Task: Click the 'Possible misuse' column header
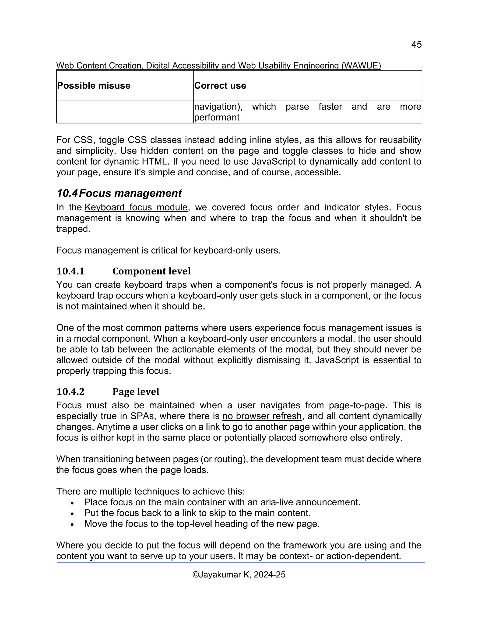pos(94,85)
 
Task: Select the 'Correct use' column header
pos(220,85)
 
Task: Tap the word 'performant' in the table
pos(217,117)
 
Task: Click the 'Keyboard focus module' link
pos(136,207)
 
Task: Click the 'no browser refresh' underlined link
pos(262,416)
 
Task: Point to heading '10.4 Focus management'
pos(119,193)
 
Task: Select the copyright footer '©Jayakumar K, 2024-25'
pos(239,575)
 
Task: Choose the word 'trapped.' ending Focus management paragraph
pos(73,229)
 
